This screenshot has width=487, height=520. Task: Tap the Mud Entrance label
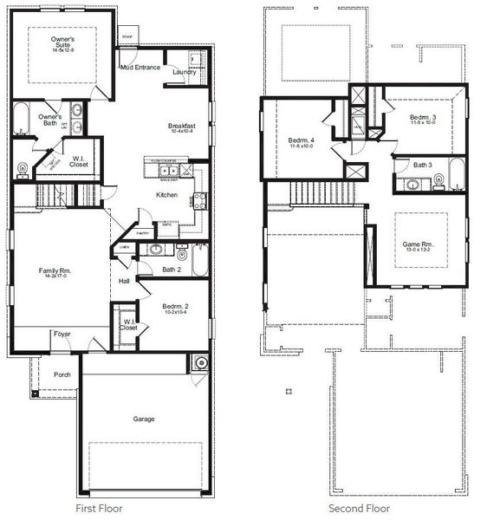(x=140, y=67)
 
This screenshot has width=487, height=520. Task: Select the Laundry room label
(x=184, y=72)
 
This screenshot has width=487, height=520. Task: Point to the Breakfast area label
(x=183, y=127)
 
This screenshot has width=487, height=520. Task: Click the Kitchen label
(x=166, y=195)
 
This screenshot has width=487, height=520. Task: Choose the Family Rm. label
(x=55, y=271)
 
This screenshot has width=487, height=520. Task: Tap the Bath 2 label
(x=172, y=270)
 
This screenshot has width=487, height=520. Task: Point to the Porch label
(x=62, y=374)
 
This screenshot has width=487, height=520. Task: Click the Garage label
(x=144, y=419)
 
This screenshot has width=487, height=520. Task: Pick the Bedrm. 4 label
(x=302, y=140)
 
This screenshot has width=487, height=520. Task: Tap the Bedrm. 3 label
(x=423, y=117)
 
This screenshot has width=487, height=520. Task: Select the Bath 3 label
(x=422, y=165)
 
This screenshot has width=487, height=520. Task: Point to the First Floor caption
(x=99, y=509)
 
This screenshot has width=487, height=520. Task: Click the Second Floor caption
(x=359, y=509)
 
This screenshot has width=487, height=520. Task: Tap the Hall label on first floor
(x=124, y=281)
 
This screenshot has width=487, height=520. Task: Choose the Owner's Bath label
(x=49, y=120)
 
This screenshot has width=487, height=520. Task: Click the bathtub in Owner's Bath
(x=21, y=119)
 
